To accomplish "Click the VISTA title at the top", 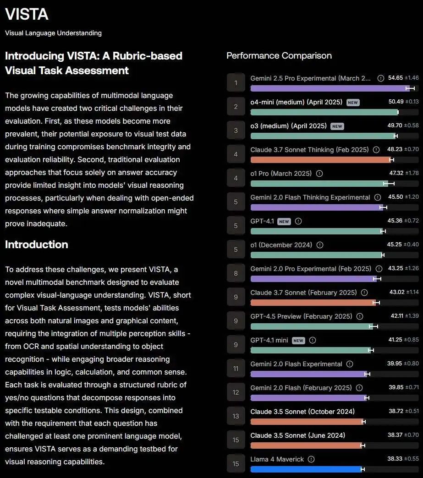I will (27, 14).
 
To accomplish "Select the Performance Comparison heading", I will (279, 55).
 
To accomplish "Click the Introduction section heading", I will (37, 244).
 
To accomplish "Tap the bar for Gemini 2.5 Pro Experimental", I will (330, 88).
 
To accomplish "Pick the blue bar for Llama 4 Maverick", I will (306, 469).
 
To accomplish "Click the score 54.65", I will (395, 78).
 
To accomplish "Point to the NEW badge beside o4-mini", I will (353, 103).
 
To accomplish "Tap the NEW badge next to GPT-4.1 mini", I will (298, 341).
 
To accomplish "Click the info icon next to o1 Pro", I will (319, 174).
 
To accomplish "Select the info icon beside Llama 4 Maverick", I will (311, 459).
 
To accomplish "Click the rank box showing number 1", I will (236, 83).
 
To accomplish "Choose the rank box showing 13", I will (236, 416).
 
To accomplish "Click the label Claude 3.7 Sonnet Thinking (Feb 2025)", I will (309, 150).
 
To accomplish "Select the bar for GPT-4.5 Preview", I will (311, 326).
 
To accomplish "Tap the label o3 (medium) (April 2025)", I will (288, 126).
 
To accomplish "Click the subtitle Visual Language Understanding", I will (53, 33).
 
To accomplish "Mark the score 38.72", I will (396, 411).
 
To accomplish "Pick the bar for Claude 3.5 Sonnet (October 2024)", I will (307, 422).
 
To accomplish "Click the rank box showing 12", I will (236, 392).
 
